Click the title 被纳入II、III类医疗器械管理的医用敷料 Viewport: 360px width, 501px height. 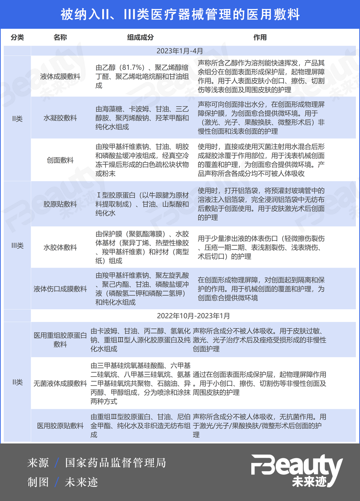pos(180,14)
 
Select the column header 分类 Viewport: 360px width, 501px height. pos(17,37)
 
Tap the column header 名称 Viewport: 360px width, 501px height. pos(60,37)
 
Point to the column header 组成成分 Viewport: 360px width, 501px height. pos(140,37)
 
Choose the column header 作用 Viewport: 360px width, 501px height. pos(260,37)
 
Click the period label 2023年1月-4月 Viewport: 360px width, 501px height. pos(180,51)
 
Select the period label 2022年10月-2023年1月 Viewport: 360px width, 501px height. pos(193,316)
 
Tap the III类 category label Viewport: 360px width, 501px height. pos(17,246)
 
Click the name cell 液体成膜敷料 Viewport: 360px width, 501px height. pos(60,76)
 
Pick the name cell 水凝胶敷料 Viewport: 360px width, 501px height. pos(60,118)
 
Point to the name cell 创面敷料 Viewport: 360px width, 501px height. pos(60,160)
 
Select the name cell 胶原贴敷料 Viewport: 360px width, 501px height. pos(60,204)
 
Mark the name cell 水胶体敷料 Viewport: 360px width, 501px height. pos(60,247)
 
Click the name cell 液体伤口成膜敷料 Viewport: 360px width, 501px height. pos(60,289)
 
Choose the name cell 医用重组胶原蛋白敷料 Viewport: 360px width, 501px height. pos(60,340)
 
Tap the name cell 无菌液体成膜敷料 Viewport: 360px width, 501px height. pos(60,383)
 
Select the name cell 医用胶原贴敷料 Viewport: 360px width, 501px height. pos(60,426)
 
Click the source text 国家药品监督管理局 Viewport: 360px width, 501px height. pos(116,463)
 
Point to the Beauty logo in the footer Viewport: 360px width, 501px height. pos(297,470)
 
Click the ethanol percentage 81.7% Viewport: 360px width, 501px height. pos(132,68)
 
